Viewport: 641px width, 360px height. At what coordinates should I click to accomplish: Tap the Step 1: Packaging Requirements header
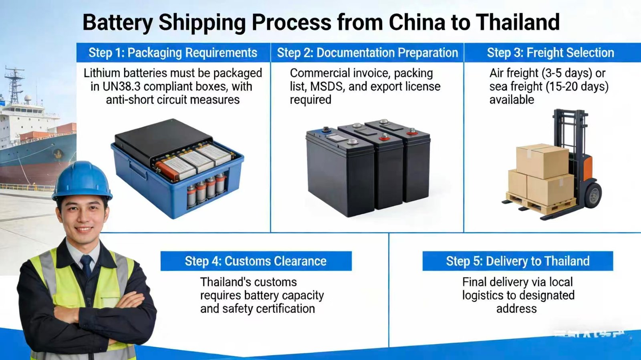click(173, 53)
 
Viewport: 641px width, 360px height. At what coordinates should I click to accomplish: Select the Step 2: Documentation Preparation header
click(367, 53)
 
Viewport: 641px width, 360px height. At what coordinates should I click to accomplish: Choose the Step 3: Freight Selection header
click(550, 53)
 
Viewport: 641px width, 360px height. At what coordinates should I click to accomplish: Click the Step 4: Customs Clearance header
click(256, 261)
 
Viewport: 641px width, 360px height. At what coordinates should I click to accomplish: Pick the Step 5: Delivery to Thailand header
click(518, 261)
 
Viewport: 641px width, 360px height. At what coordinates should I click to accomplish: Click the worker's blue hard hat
click(82, 180)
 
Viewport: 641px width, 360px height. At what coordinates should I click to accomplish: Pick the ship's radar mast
click(14, 84)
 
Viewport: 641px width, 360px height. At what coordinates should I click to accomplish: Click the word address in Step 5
click(516, 309)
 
